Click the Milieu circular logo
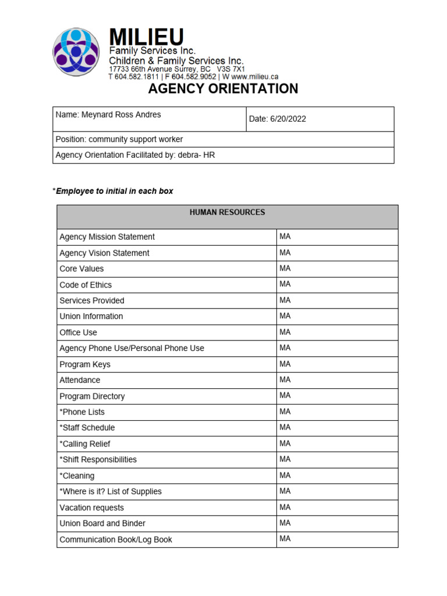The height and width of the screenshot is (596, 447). (76, 52)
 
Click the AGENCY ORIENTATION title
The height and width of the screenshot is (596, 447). (223, 88)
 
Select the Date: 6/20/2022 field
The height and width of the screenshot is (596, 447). (278, 119)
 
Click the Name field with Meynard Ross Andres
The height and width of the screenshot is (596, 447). (108, 115)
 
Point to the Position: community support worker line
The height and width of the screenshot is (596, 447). (119, 140)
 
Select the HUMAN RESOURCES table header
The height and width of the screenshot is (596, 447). (227, 212)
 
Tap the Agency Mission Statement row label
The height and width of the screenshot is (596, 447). (107, 237)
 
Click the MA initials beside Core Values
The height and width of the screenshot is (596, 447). (285, 268)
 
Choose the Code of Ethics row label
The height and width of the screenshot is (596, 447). (86, 285)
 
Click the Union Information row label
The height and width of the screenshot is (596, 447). (91, 317)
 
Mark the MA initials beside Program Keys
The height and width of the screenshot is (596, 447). (285, 364)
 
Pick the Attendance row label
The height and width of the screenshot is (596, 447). (80, 380)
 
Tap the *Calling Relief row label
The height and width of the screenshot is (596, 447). (85, 444)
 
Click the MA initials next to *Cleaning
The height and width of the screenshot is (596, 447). (285, 475)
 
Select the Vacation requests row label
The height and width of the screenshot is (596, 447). (91, 508)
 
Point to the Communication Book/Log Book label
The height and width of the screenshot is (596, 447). (116, 540)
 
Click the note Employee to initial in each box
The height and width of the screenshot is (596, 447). (114, 191)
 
